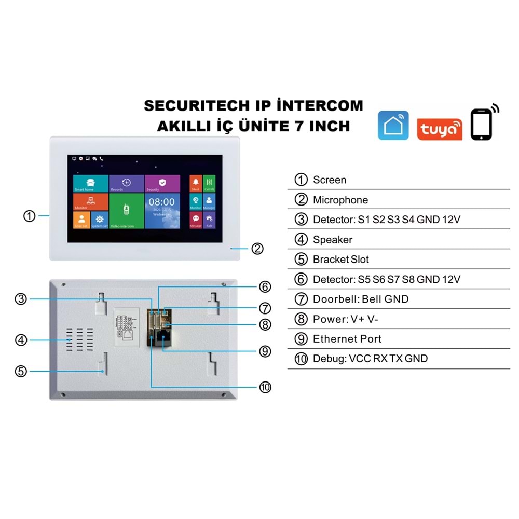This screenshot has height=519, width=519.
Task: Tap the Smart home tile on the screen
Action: [x=90, y=184]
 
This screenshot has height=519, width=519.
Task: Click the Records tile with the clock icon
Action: [x=127, y=184]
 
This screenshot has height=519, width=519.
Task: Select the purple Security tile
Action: [x=162, y=184]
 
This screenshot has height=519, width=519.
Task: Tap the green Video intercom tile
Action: [x=126, y=211]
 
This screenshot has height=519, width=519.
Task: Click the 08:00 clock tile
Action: [x=162, y=211]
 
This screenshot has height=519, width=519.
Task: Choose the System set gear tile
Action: [x=100, y=220]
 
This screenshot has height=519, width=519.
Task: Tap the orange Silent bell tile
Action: [x=196, y=183]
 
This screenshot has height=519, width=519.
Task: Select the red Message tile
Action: [x=196, y=220]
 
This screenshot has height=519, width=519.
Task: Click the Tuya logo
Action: [x=439, y=128]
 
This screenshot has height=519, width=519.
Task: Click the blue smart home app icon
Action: [x=393, y=125]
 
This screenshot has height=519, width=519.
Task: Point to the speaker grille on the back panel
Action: [x=81, y=340]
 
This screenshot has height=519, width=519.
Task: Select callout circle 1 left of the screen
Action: [x=30, y=216]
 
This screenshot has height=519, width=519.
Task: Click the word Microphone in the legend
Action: [x=340, y=200]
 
